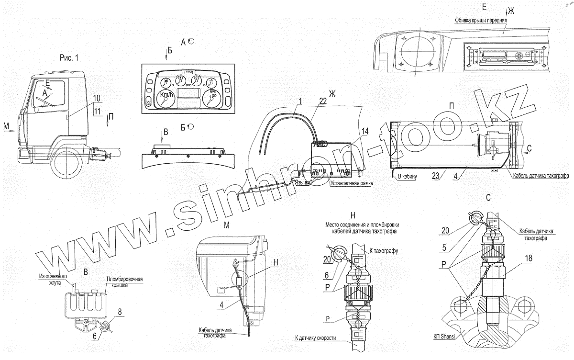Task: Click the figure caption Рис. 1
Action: (x=68, y=57)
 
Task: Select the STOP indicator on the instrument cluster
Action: (x=188, y=72)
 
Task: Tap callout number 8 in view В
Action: (x=120, y=312)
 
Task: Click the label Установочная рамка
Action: (x=351, y=183)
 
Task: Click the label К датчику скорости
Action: (x=316, y=338)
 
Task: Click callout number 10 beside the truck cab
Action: (x=97, y=98)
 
